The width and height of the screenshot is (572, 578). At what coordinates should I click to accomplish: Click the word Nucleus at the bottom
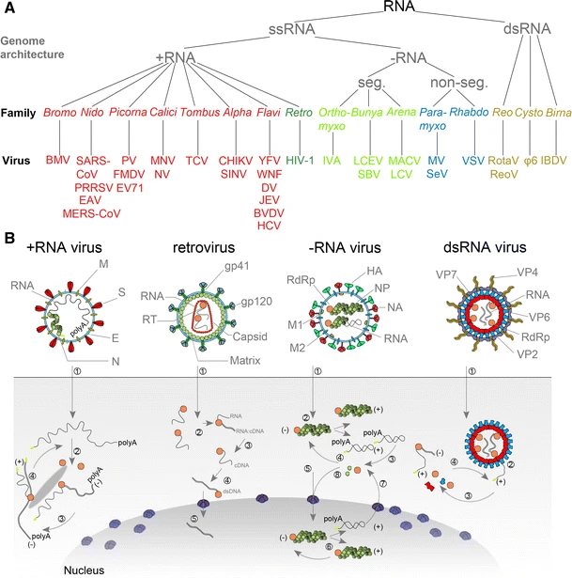(x=31, y=569)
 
